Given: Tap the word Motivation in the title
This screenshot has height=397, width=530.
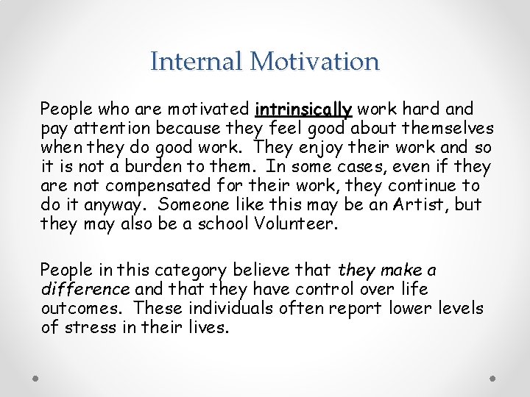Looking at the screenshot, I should [x=315, y=61].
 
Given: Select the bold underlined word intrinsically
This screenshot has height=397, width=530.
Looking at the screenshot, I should [x=303, y=110].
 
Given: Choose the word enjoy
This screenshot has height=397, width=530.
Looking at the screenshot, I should [x=298, y=148].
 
